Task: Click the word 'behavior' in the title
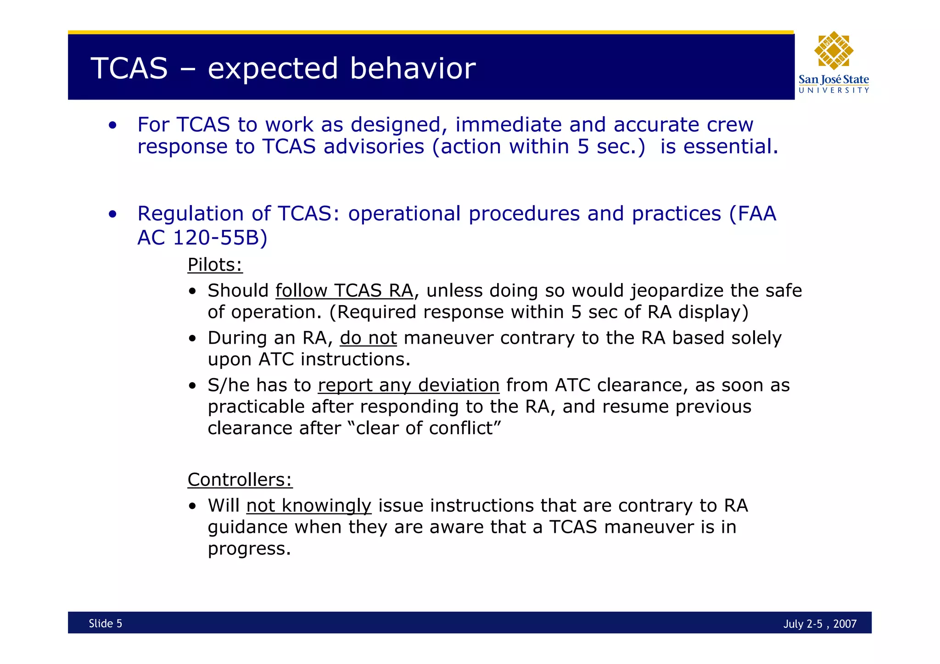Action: point(413,69)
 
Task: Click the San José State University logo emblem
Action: point(834,50)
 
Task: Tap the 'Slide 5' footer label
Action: point(105,623)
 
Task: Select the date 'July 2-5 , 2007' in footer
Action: point(820,624)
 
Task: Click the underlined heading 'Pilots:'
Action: point(215,265)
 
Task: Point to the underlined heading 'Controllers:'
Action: point(240,480)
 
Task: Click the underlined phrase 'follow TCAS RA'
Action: point(344,290)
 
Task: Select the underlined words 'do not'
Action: point(368,338)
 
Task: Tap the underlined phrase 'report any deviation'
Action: point(408,385)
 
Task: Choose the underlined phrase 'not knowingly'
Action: point(308,505)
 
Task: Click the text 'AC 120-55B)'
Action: point(202,237)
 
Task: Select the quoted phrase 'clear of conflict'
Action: point(424,428)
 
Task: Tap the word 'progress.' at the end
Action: point(249,548)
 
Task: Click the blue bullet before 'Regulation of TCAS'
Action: point(113,214)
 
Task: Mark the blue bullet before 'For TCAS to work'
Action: point(113,125)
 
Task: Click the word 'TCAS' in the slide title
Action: point(129,69)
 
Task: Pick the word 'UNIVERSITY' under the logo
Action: point(834,90)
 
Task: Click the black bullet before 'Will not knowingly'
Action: point(193,507)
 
